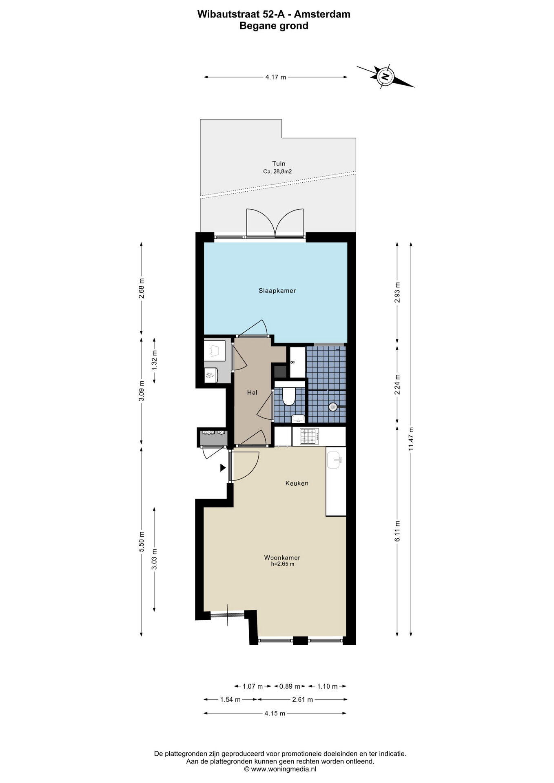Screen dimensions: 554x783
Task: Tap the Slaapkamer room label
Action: [277, 291]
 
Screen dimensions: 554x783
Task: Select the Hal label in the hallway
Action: [252, 393]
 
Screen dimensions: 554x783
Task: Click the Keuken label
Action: [297, 483]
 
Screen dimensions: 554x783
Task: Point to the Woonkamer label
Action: [282, 557]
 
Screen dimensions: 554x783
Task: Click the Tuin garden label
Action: [279, 164]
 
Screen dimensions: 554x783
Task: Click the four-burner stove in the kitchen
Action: [310, 436]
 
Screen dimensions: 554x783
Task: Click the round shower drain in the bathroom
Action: [333, 407]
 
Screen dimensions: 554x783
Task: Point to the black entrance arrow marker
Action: [223, 468]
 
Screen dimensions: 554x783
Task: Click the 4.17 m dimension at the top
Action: [276, 77]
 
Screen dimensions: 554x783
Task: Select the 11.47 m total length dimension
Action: [411, 439]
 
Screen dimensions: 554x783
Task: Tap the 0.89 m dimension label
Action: [290, 686]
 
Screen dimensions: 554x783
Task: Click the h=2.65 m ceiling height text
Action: [282, 564]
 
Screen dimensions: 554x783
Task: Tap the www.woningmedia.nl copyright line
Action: [280, 769]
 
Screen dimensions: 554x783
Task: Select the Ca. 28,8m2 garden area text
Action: [277, 172]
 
